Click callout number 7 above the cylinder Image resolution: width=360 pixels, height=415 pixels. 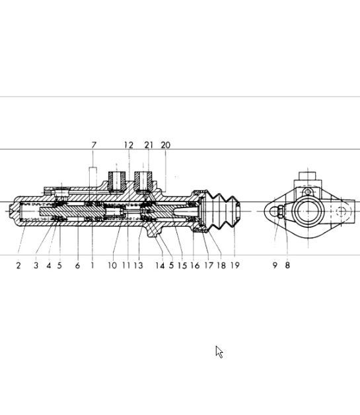pyautogui.click(x=94, y=145)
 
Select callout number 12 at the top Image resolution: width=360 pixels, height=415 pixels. pyautogui.click(x=129, y=145)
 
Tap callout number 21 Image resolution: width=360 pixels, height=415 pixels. pyautogui.click(x=149, y=145)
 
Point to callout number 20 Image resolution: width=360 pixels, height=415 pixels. pyautogui.click(x=166, y=145)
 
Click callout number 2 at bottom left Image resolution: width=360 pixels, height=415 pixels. pyautogui.click(x=18, y=265)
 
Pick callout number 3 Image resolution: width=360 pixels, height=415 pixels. pyautogui.click(x=36, y=265)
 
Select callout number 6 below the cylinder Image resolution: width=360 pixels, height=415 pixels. pyautogui.click(x=77, y=265)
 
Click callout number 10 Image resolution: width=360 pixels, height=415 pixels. pyautogui.click(x=112, y=265)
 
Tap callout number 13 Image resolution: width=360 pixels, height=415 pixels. pyautogui.click(x=138, y=265)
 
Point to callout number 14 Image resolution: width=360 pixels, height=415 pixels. pyautogui.click(x=160, y=265)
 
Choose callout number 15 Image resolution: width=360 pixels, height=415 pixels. pyautogui.click(x=182, y=265)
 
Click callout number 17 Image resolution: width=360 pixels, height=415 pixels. pyautogui.click(x=209, y=265)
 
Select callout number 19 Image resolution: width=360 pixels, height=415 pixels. pyautogui.click(x=235, y=265)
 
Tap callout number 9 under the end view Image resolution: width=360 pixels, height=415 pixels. pyautogui.click(x=275, y=265)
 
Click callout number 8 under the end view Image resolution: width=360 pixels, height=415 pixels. pyautogui.click(x=287, y=265)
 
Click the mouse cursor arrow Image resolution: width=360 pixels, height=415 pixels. pyautogui.click(x=219, y=352)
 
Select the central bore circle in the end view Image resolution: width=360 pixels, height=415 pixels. pyautogui.click(x=308, y=211)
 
